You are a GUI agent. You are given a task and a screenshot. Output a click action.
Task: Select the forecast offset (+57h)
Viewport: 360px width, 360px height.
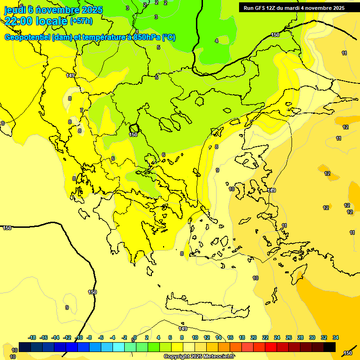81,21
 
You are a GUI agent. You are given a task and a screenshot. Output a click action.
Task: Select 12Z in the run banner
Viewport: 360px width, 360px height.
274,8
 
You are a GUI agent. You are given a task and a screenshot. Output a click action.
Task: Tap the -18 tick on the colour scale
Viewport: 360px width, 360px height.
32,337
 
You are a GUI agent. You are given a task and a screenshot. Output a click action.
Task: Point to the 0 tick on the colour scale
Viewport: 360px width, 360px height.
135,337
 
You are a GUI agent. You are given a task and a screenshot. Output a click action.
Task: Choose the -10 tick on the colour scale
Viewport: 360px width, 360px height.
79,337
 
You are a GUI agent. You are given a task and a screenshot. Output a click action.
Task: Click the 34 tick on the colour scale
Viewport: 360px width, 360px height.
336,337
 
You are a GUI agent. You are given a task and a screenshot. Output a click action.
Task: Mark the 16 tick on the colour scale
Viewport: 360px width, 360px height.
230,337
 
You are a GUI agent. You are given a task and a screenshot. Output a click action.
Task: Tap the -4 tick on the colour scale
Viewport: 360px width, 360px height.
113,337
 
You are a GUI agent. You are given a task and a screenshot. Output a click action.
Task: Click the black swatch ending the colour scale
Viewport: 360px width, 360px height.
330,347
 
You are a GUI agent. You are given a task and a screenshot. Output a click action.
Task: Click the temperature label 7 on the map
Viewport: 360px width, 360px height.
81,110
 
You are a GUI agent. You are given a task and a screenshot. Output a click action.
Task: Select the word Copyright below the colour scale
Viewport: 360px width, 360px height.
178,356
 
